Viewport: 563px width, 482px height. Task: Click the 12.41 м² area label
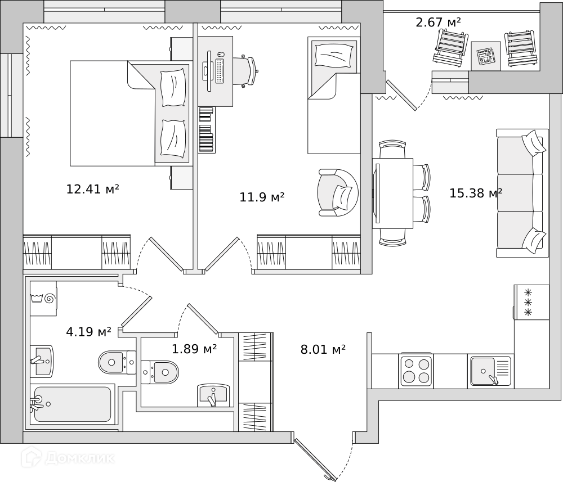coord(92,190)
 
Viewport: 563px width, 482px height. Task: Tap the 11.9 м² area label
coord(262,197)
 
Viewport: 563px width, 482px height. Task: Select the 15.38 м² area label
coord(475,193)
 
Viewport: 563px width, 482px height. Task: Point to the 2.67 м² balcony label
coord(438,22)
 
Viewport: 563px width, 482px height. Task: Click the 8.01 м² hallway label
coord(323,350)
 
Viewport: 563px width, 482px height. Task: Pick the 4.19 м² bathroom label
coord(88,332)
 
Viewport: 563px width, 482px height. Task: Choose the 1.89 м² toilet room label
coord(194,349)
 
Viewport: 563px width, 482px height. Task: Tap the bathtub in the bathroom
coord(72,404)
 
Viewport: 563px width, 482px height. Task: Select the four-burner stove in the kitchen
coord(416,371)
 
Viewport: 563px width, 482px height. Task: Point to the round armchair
coord(337,192)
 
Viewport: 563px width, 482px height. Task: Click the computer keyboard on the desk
coord(218,70)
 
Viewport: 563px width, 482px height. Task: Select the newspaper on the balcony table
coord(485,56)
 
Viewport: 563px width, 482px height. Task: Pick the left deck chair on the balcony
coord(450,47)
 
